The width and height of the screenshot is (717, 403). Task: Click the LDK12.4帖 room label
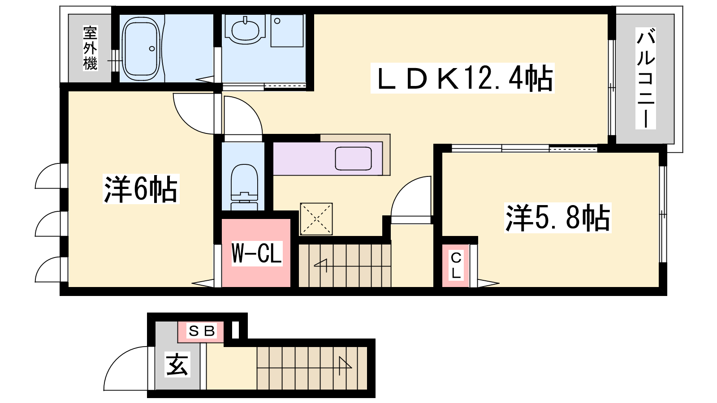pyautogui.click(x=462, y=78)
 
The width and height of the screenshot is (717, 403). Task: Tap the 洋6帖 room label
pyautogui.click(x=141, y=189)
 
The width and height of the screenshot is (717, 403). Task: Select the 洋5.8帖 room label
pyautogui.click(x=557, y=218)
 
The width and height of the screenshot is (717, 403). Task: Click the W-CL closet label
pyautogui.click(x=257, y=253)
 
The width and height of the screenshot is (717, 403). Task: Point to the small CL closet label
pyautogui.click(x=456, y=265)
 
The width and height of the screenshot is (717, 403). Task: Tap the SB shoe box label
pyautogui.click(x=201, y=331)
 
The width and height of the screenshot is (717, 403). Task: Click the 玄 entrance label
pyautogui.click(x=177, y=364)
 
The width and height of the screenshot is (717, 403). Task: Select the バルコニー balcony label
pyautogui.click(x=645, y=78)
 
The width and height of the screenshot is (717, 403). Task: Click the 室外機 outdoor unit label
pyautogui.click(x=90, y=48)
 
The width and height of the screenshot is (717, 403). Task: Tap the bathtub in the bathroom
pyautogui.click(x=141, y=49)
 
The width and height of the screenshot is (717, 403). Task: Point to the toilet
pyautogui.click(x=244, y=187)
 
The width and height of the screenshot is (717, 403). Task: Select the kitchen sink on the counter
pyautogui.click(x=353, y=159)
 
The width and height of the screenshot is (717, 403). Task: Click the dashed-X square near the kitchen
pyautogui.click(x=316, y=219)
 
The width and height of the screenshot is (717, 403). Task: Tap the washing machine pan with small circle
pyautogui.click(x=287, y=31)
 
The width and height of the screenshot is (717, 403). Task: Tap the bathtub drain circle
pyautogui.click(x=152, y=49)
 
